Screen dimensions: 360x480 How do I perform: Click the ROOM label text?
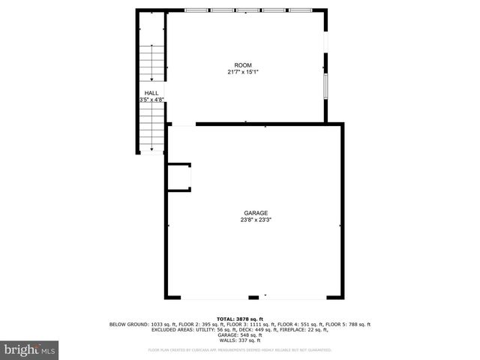[243, 65]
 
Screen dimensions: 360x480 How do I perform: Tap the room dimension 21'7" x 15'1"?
[243, 72]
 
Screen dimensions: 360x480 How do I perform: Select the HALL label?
[151, 93]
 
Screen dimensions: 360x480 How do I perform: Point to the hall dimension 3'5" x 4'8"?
[151, 100]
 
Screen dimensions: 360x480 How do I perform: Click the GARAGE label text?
[255, 213]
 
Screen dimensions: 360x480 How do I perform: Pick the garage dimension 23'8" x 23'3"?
[255, 220]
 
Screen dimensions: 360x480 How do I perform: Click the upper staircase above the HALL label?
[151, 64]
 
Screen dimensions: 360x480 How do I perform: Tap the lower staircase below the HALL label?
[151, 126]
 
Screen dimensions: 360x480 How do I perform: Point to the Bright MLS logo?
[30, 349]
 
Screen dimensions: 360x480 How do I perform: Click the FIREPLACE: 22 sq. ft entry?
[309, 329]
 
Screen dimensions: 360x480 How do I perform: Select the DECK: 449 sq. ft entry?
[263, 329]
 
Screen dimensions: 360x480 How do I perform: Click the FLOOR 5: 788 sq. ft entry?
[346, 324]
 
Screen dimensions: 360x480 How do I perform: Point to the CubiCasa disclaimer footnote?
[240, 350]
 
